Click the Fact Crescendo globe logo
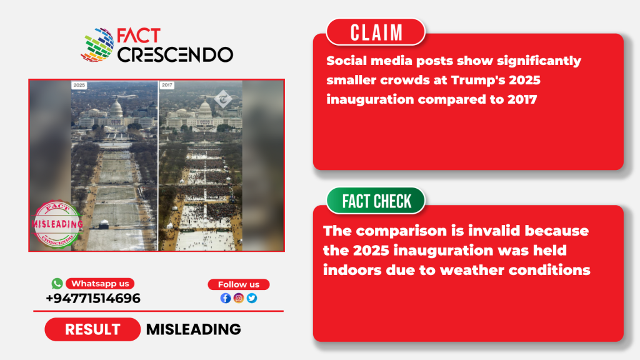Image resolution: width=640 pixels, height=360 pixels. [x=97, y=45]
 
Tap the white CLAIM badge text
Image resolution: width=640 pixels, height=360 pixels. [x=376, y=32]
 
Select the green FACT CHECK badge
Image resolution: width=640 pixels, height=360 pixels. [x=376, y=201]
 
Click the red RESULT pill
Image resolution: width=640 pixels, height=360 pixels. [x=92, y=329]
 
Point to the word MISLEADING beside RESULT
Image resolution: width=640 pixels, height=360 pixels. [x=194, y=329]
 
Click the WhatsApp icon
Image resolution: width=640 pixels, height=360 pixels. [x=57, y=283]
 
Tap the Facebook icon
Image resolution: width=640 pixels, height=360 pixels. [x=226, y=298]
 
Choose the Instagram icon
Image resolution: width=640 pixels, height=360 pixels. [x=239, y=298]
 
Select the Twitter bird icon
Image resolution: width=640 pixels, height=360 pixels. [x=252, y=298]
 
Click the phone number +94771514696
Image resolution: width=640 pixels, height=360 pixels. [x=93, y=298]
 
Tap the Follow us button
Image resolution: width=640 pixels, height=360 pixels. [x=238, y=284]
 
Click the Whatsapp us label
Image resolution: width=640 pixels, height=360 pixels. [x=100, y=283]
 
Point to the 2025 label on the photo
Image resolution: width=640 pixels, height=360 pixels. [x=79, y=85]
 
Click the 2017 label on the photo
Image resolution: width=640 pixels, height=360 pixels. [x=167, y=85]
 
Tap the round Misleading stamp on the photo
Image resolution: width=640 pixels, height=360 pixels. [x=57, y=224]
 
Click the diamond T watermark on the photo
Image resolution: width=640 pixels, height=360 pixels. [x=223, y=99]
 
